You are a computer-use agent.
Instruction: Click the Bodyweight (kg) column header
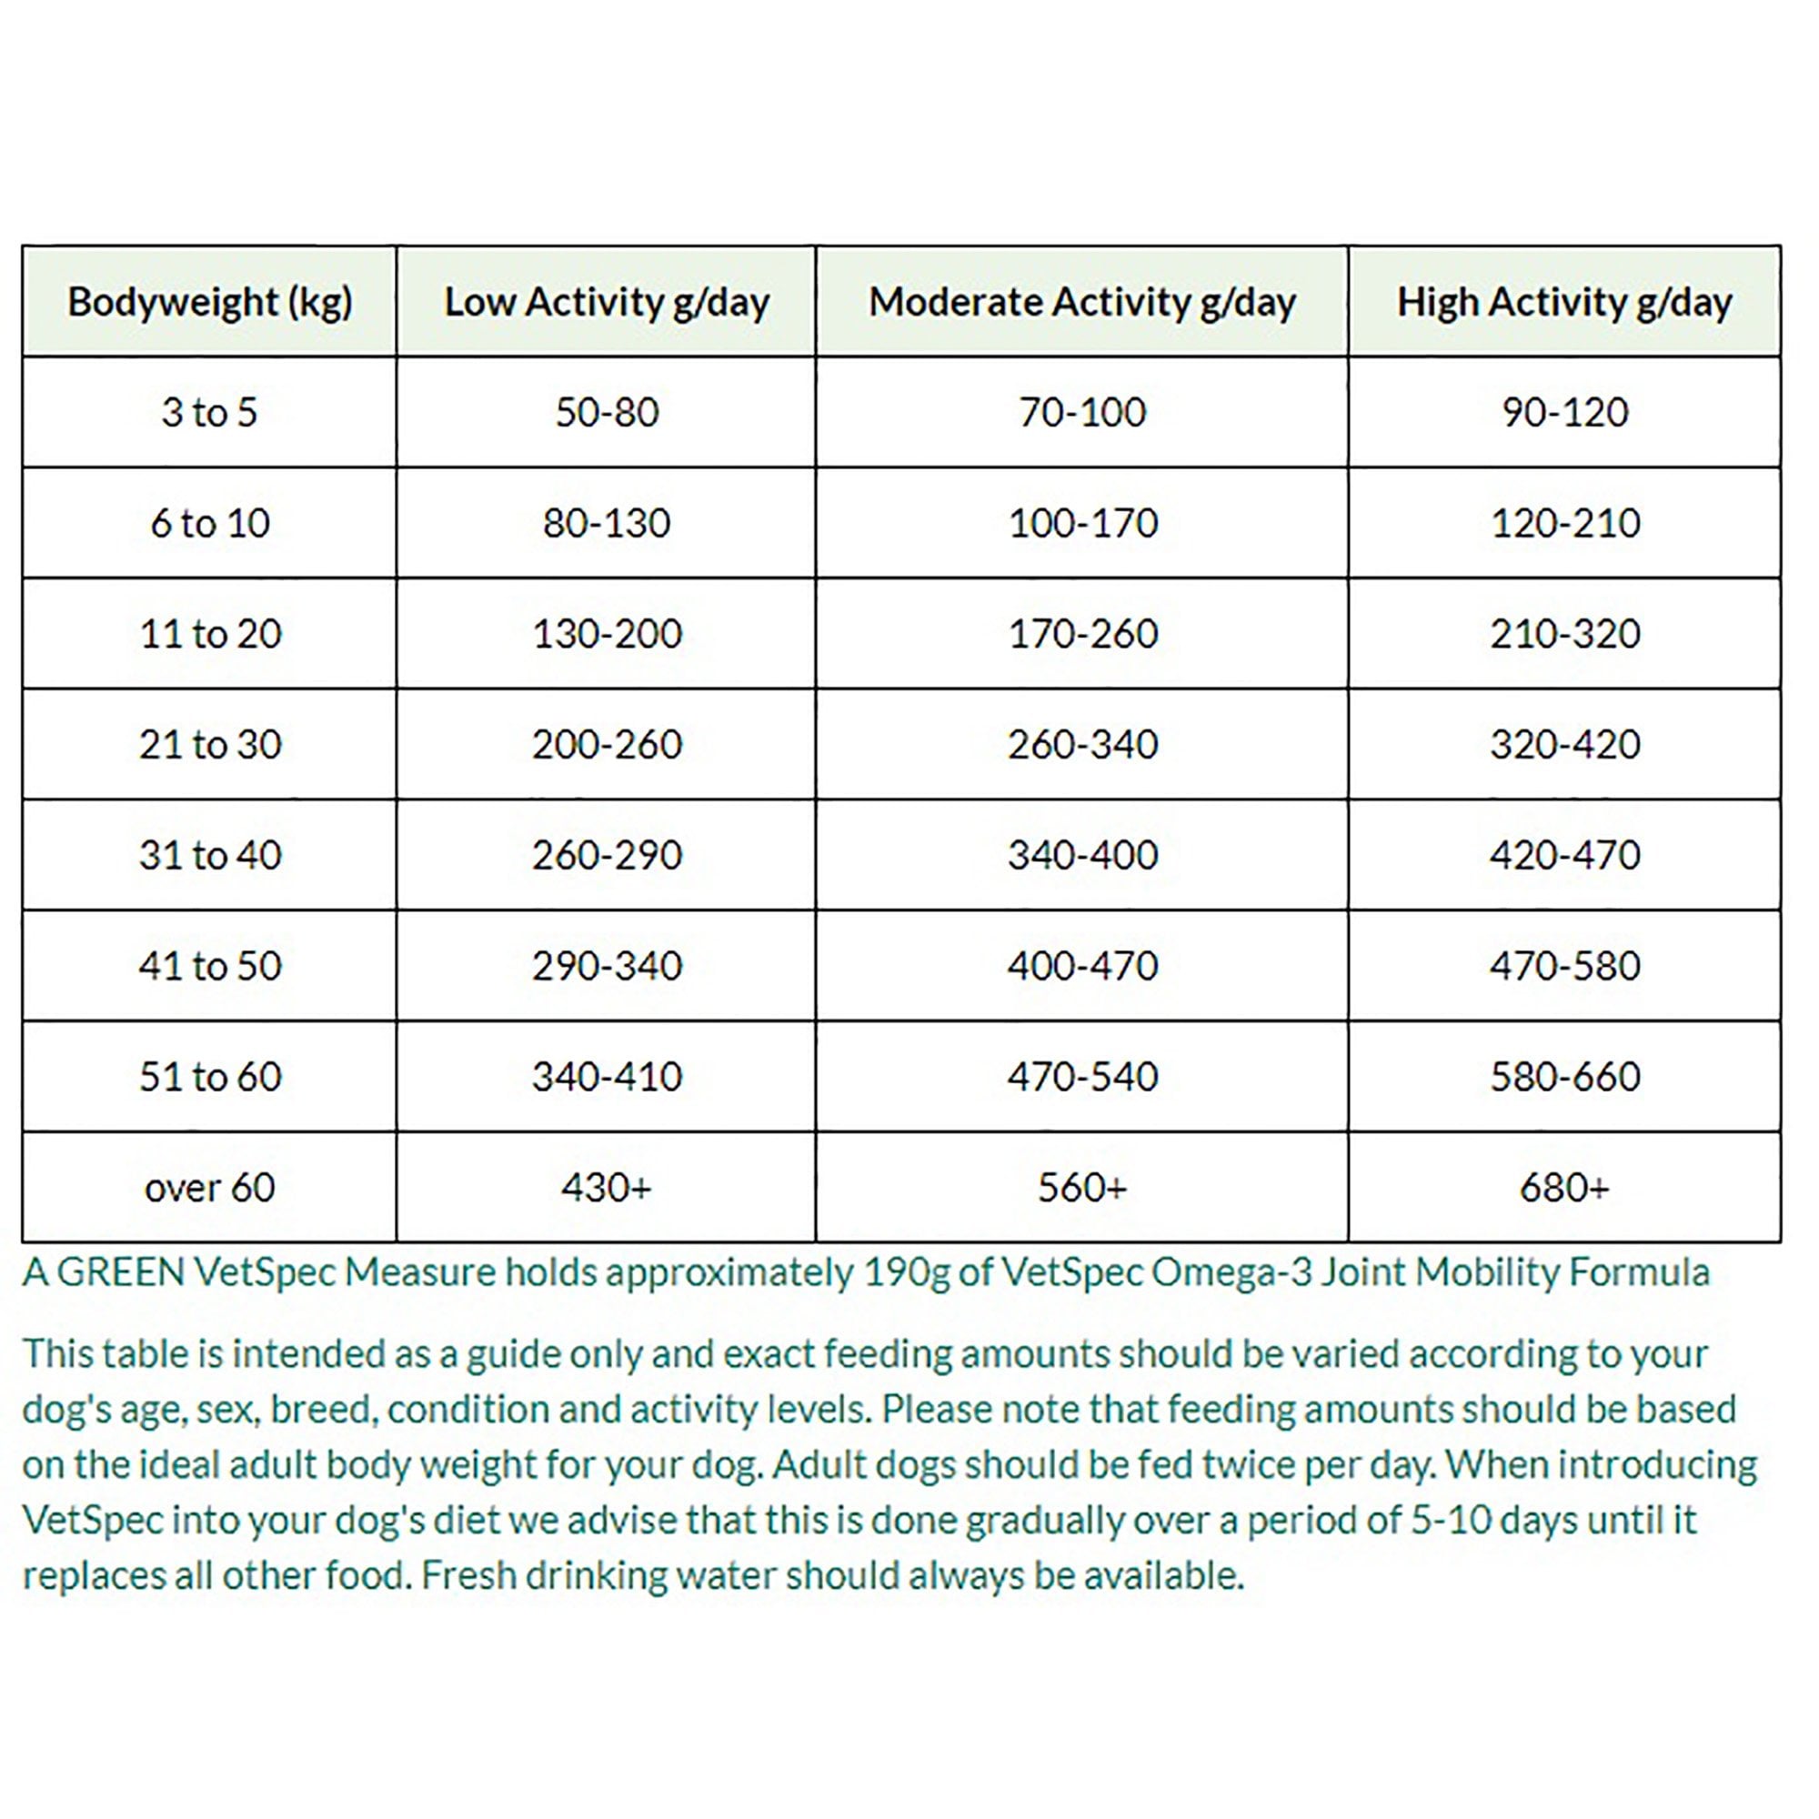[209, 302]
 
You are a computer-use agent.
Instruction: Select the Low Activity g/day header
[607, 302]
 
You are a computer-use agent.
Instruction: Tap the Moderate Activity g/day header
[1081, 302]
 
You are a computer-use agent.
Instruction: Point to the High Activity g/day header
[1563, 302]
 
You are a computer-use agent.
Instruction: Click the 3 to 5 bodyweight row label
[209, 412]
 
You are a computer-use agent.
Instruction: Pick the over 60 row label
[209, 1187]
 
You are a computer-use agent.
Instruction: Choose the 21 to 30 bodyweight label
[209, 745]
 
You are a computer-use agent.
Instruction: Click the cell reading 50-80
[607, 412]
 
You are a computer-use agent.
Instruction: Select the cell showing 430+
[607, 1187]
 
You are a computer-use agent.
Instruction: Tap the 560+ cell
[1081, 1187]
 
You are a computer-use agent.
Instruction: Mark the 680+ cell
[1563, 1187]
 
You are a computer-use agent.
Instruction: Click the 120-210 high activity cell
[1563, 524]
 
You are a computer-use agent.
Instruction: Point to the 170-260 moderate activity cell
[1081, 634]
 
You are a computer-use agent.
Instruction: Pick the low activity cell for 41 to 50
[607, 966]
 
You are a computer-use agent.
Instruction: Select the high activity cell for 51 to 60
[1563, 1076]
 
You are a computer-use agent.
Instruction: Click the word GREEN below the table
[121, 1273]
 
